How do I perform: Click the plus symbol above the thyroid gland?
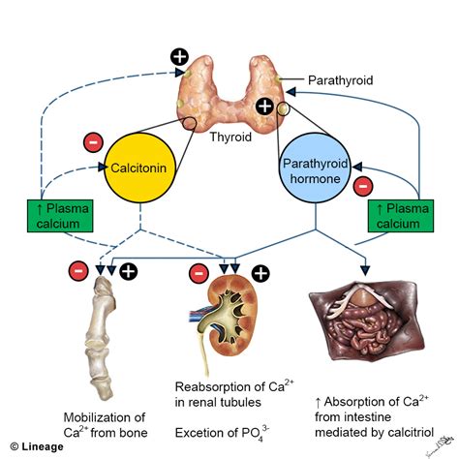[178, 55]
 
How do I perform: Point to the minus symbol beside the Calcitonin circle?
[93, 142]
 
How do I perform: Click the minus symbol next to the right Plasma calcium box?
[364, 184]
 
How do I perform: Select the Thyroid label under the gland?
[232, 138]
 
